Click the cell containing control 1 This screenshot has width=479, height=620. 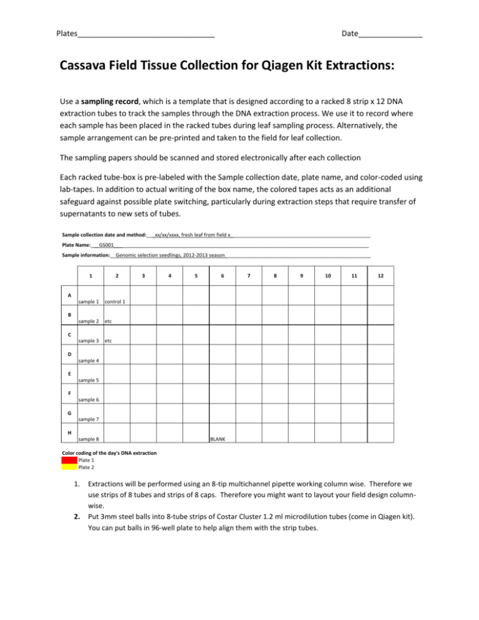coord(116,296)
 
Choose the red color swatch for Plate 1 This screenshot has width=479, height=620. coord(69,460)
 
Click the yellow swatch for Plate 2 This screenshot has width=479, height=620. coord(69,467)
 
